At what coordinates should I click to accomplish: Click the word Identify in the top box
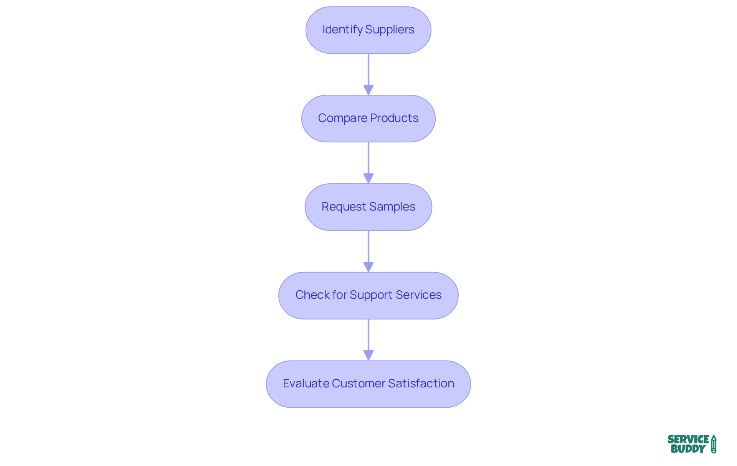coord(342,30)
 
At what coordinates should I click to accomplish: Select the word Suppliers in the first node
coord(390,30)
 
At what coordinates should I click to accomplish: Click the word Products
coord(394,118)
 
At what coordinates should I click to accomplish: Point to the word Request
coord(344,207)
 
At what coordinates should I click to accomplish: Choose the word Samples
coord(392,207)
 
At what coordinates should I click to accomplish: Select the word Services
coord(418,295)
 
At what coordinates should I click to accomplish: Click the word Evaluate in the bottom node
coord(306,384)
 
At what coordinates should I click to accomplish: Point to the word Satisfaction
coord(421,384)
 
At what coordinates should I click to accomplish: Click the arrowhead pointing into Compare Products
coord(368,90)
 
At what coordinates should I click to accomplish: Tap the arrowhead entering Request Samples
coord(368,178)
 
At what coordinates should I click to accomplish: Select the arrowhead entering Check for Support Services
coord(368,267)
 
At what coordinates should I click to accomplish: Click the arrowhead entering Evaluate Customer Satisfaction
coord(368,355)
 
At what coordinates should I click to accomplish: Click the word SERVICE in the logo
coord(688,440)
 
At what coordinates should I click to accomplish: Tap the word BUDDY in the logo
coord(688,449)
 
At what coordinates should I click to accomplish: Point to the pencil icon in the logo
coord(714,444)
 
